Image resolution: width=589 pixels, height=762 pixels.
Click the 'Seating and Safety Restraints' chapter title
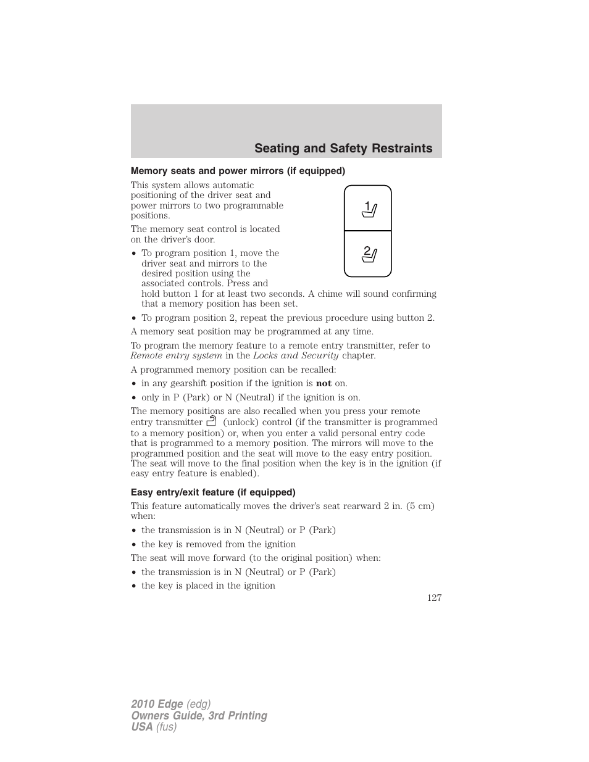[343, 149]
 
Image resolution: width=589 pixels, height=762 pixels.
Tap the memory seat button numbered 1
[368, 209]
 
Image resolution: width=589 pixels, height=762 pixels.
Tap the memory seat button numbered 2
[368, 253]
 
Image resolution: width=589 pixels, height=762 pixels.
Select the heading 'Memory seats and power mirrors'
[238, 171]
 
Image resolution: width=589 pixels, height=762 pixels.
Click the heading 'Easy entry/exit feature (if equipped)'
[213, 492]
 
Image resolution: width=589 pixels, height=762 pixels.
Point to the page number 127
[434, 597]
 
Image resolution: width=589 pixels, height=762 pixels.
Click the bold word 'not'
[324, 383]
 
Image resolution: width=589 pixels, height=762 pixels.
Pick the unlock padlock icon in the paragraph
[212, 422]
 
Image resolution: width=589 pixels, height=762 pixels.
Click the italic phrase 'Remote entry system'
[176, 355]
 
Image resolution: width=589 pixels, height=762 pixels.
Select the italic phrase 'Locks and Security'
[296, 355]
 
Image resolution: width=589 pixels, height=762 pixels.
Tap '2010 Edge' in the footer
[157, 704]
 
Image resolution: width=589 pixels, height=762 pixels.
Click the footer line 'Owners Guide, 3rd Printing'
[199, 716]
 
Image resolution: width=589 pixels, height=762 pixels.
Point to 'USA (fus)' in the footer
[154, 727]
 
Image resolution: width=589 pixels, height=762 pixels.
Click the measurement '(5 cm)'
[419, 506]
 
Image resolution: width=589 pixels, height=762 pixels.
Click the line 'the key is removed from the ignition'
[219, 544]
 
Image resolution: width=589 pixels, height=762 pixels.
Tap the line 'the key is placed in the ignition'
[208, 586]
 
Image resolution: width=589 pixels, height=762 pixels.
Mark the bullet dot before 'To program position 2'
[134, 318]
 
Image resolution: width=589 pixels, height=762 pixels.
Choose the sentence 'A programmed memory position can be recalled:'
[233, 370]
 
